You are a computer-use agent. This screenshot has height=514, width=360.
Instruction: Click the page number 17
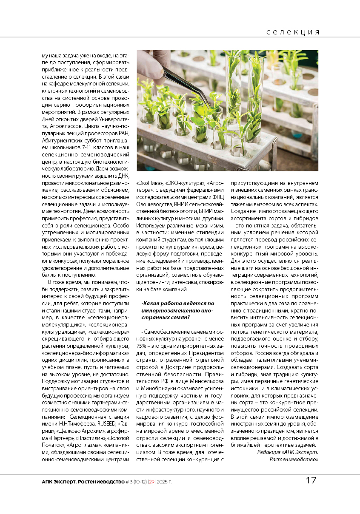[x=311, y=480]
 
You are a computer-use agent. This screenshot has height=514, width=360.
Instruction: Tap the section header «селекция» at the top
[x=293, y=32]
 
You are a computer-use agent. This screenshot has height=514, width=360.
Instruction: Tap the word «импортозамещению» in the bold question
[x=167, y=311]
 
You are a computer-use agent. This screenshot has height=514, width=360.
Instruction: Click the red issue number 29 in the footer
[x=151, y=482]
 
